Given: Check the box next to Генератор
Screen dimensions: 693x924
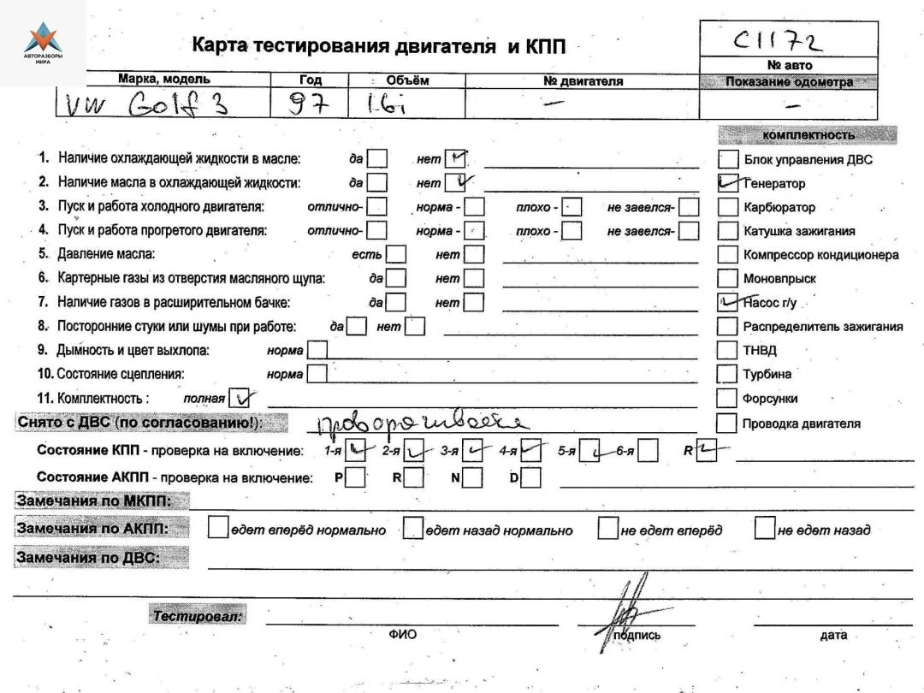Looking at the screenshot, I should pyautogui.click(x=728, y=183).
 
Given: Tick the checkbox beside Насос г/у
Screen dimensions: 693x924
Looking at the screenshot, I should pyautogui.click(x=728, y=302).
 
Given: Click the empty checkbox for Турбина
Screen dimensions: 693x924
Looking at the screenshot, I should pyautogui.click(x=727, y=374).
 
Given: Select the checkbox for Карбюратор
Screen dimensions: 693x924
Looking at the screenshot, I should pyautogui.click(x=727, y=207).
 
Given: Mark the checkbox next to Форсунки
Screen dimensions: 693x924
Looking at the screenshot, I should pyautogui.click(x=727, y=398).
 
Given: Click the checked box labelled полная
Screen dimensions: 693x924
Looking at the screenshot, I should pyautogui.click(x=244, y=397).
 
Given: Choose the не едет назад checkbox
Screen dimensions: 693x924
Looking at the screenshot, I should pyautogui.click(x=764, y=530).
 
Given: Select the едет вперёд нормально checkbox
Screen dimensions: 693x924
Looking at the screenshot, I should pyautogui.click(x=218, y=530).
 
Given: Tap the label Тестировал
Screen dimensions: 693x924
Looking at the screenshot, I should pyautogui.click(x=198, y=616).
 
